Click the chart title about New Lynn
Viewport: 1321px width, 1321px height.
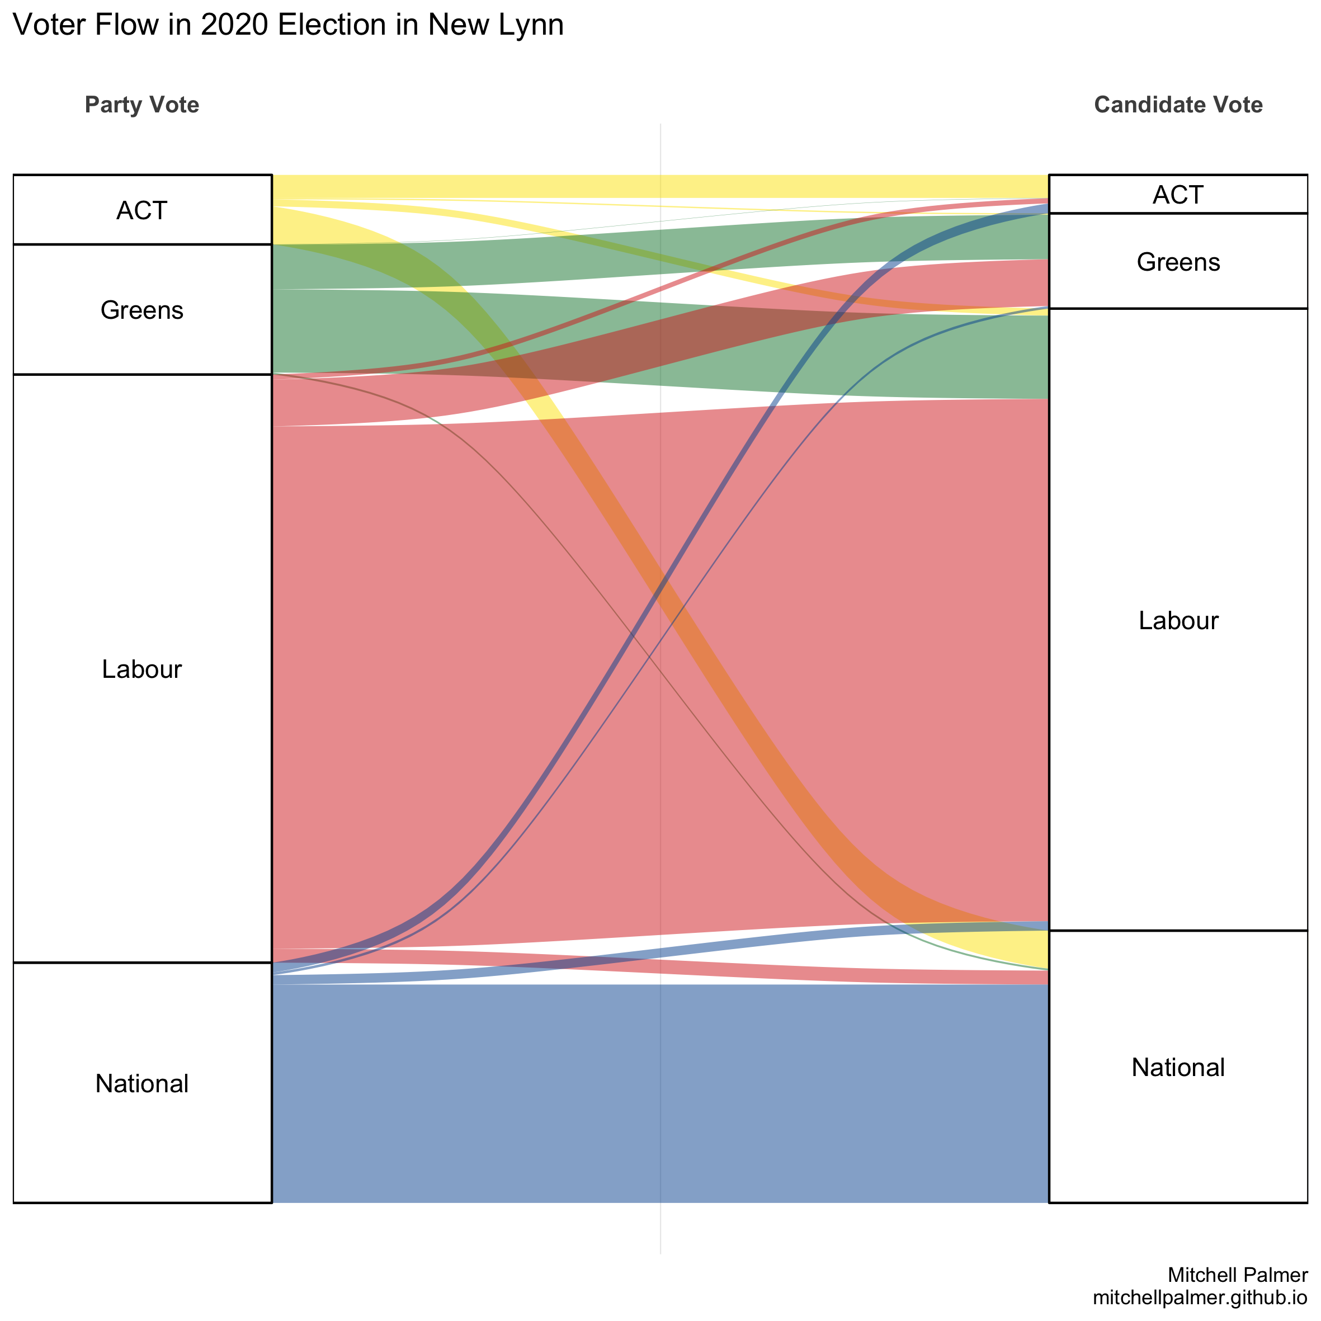point(288,26)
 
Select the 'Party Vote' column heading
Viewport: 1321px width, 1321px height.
point(141,105)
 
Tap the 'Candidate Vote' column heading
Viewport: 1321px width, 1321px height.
point(1178,105)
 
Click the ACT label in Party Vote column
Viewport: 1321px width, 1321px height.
point(141,211)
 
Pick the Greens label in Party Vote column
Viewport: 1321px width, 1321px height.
point(141,310)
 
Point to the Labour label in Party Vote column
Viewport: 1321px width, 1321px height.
point(141,669)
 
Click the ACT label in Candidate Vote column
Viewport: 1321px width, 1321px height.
point(1178,195)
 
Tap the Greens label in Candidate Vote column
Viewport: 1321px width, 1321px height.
point(1178,262)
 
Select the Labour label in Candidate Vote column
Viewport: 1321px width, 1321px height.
point(1178,620)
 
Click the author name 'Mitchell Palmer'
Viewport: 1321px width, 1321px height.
point(1238,1275)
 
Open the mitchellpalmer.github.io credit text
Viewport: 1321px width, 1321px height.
point(1200,1298)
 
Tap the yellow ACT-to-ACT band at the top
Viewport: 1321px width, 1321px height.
point(660,186)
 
